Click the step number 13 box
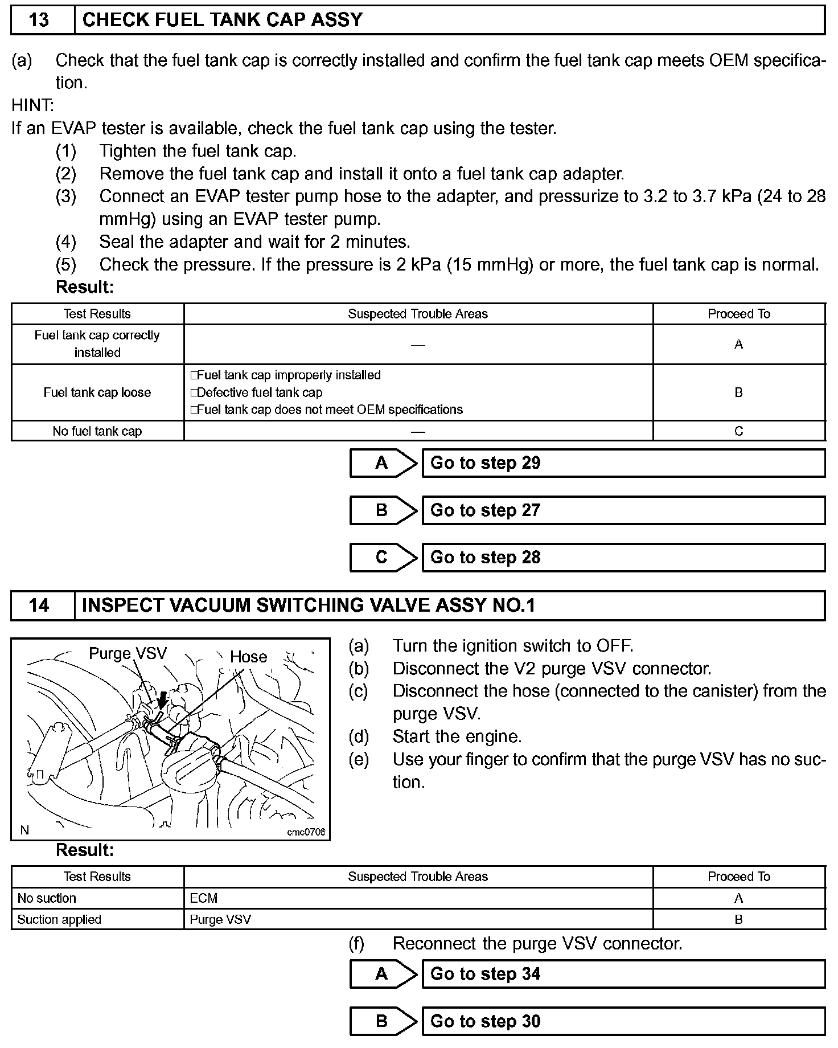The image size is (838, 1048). (39, 21)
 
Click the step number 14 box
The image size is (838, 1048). (39, 605)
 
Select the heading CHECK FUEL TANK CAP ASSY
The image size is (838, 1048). (223, 21)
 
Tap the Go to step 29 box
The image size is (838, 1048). (623, 463)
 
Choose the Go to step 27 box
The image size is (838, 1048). (623, 510)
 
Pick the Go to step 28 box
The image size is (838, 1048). (623, 558)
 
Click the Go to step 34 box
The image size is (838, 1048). (623, 974)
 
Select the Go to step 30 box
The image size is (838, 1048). (623, 1021)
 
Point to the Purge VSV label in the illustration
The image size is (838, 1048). (128, 653)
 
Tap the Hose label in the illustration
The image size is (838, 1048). (248, 657)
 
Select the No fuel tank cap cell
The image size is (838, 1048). (97, 431)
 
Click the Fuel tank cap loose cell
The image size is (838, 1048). (97, 392)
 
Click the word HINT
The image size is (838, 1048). (32, 105)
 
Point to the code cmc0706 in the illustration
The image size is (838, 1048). (306, 832)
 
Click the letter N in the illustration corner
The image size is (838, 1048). (24, 830)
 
